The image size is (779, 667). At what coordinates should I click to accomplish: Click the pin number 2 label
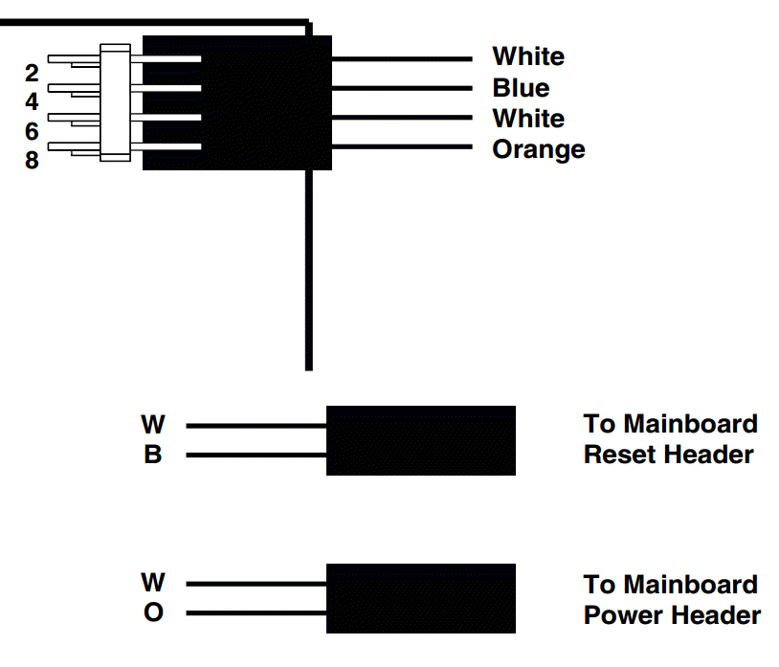tap(32, 73)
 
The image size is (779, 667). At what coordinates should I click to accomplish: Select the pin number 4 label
tap(32, 101)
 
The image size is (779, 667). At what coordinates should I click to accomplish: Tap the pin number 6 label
tap(32, 131)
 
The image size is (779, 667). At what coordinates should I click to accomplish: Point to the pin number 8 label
tap(32, 160)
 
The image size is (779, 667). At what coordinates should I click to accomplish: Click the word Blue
tap(521, 88)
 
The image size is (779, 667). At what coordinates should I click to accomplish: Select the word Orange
tap(538, 149)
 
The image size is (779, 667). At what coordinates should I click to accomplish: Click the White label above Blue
tap(528, 56)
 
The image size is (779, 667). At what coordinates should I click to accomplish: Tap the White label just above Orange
tap(528, 119)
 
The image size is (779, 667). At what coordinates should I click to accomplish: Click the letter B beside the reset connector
tap(153, 456)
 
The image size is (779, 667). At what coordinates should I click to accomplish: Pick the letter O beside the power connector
tap(153, 612)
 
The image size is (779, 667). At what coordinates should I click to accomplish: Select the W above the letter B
tap(153, 424)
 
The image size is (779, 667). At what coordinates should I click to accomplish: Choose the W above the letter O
tap(153, 582)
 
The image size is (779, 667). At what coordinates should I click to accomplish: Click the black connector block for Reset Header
tap(420, 440)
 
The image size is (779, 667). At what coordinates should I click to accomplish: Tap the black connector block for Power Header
tap(420, 598)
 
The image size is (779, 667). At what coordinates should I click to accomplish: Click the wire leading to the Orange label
tap(402, 147)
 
